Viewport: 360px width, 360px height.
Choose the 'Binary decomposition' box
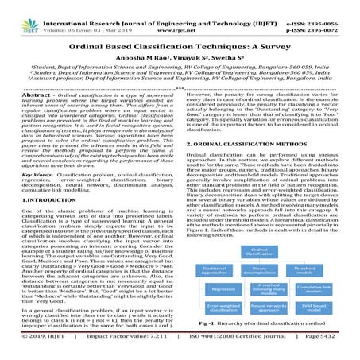tap(269, 270)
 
